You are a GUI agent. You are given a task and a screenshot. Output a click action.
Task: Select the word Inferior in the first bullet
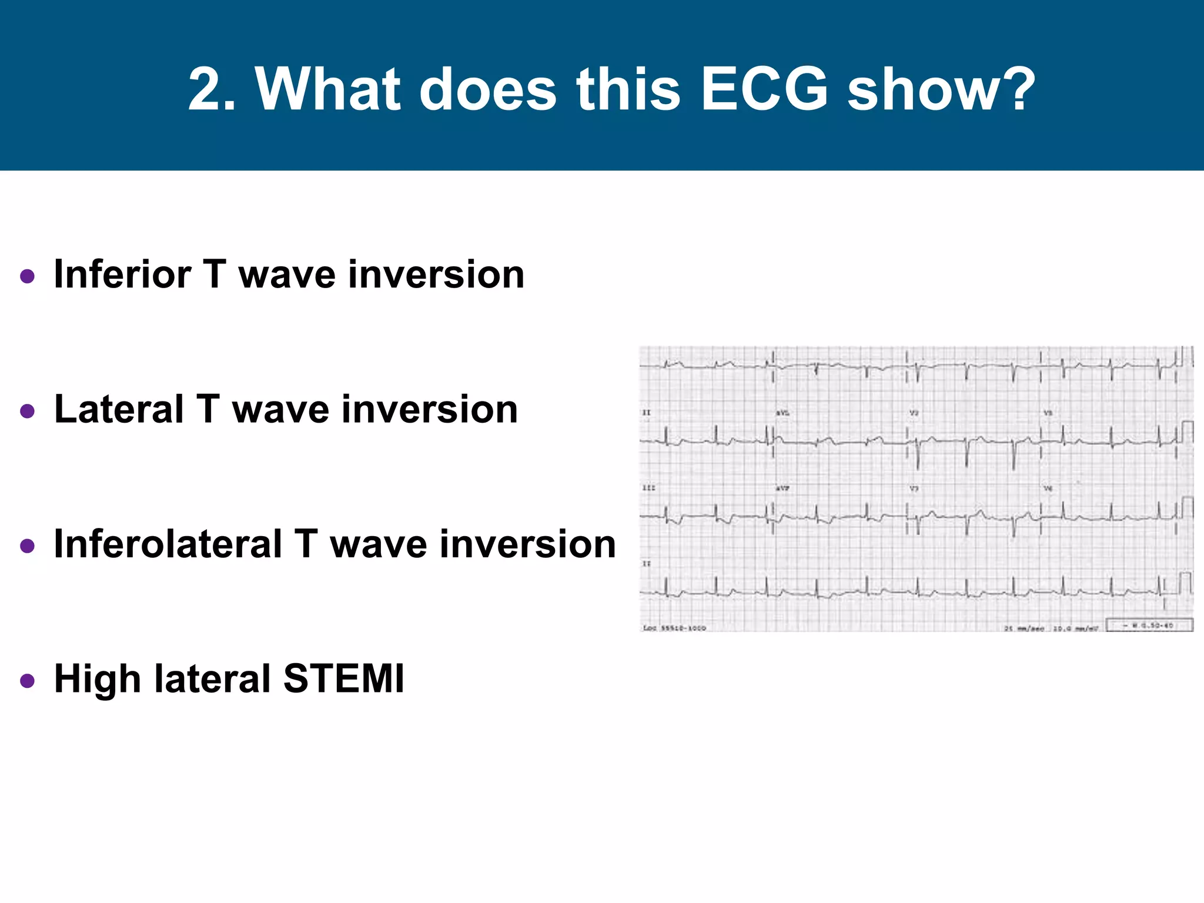point(122,275)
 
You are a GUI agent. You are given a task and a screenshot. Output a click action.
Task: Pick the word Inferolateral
point(168,544)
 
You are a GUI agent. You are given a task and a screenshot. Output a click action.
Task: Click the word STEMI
point(344,678)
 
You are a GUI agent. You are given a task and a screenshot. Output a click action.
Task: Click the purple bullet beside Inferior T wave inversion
point(27,276)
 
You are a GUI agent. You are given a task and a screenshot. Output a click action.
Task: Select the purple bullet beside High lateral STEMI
point(27,681)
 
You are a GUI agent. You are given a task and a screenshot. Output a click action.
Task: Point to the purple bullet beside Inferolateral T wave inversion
point(27,546)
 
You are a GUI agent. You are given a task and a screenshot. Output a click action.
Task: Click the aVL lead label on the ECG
point(782,413)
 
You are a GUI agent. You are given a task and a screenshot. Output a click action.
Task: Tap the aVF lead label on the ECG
point(782,489)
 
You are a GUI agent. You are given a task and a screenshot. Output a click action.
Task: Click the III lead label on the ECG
point(648,488)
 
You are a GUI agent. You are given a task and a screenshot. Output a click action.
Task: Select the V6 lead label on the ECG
point(1048,489)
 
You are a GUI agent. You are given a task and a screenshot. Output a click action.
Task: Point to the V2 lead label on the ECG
point(914,413)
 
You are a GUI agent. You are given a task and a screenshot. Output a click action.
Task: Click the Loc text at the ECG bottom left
point(649,628)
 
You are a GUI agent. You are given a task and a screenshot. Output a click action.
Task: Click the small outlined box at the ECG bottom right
point(1149,625)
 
